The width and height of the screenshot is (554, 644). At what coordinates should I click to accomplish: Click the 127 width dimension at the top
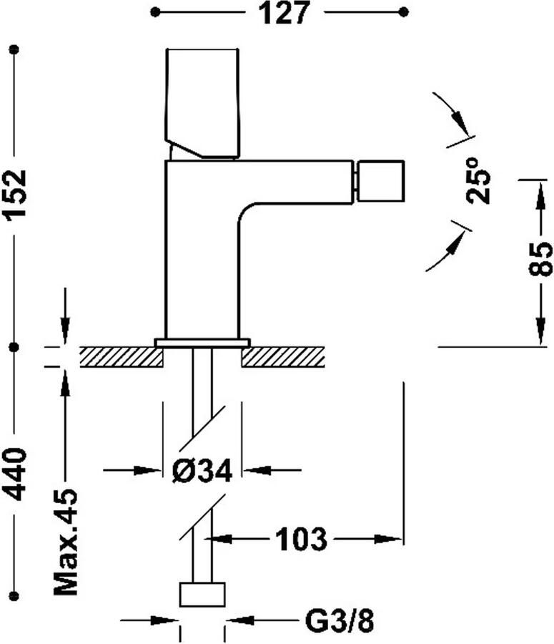284,13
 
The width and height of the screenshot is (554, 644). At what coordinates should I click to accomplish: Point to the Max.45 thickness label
66,542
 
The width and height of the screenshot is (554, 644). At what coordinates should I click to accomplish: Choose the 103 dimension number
301,539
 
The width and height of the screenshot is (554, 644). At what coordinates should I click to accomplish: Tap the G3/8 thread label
340,623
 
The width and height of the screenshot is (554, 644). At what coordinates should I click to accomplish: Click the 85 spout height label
540,259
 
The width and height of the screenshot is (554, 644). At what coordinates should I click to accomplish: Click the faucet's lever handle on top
202,103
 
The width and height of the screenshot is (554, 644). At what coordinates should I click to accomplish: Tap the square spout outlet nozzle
381,181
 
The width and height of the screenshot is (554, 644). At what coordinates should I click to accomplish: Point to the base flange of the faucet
202,343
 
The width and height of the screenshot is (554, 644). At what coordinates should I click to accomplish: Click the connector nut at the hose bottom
202,595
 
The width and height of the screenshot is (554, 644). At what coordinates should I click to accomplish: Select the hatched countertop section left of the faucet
122,357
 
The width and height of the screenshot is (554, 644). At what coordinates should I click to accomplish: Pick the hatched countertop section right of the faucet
283,357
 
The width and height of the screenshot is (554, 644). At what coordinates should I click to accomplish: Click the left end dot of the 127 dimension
154,12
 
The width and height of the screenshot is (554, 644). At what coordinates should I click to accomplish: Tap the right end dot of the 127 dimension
404,12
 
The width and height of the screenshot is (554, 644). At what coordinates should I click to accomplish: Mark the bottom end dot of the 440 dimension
14,595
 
